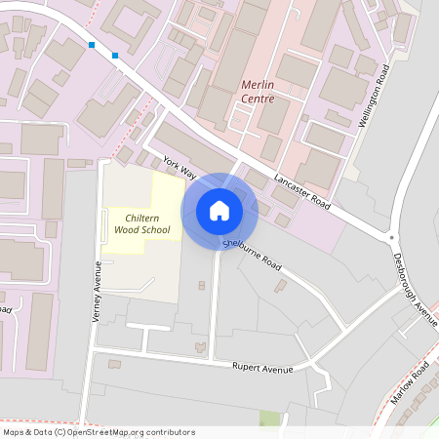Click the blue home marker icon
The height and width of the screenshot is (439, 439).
click(219, 211)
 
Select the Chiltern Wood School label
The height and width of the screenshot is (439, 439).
click(141, 223)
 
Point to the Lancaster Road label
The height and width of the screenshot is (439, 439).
click(302, 189)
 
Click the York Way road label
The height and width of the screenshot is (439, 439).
click(180, 167)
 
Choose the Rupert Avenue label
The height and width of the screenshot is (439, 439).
click(262, 367)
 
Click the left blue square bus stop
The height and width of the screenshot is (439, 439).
click(92, 45)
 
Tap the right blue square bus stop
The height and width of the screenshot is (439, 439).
click(115, 55)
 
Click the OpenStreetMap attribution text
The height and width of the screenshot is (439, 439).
click(98, 431)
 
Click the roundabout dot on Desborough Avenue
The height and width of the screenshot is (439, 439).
click(393, 237)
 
